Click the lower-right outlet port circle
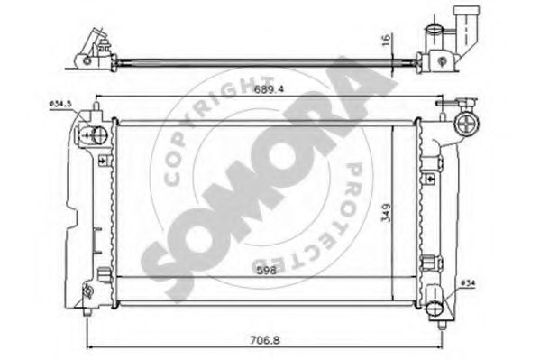pyautogui.click(x=436, y=308)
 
